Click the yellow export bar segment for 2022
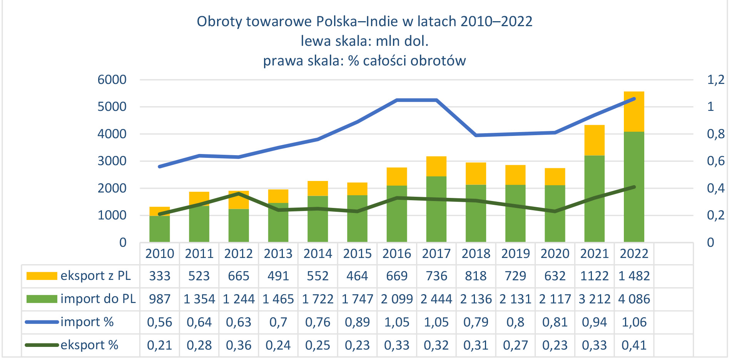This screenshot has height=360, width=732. pyautogui.click(x=634, y=116)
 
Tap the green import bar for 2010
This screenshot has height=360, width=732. pyautogui.click(x=160, y=231)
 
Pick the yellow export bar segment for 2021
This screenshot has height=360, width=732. pyautogui.click(x=594, y=141)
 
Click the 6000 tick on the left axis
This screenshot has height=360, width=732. pyautogui.click(x=112, y=80)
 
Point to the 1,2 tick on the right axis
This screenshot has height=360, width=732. pyautogui.click(x=715, y=80)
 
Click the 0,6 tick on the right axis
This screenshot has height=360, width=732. pyautogui.click(x=715, y=161)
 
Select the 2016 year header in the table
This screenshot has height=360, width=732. pyautogui.click(x=397, y=254)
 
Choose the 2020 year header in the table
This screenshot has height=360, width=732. pyautogui.click(x=555, y=254)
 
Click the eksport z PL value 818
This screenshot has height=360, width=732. pyautogui.click(x=476, y=276)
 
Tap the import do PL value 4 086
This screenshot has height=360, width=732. pyautogui.click(x=634, y=299)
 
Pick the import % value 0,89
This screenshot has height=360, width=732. pyautogui.click(x=357, y=322)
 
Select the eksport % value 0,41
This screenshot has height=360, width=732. pyautogui.click(x=634, y=345)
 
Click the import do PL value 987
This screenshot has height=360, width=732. pyautogui.click(x=160, y=299)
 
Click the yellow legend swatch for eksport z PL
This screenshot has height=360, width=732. pyautogui.click(x=42, y=276)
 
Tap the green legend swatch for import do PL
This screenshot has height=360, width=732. pyautogui.click(x=42, y=299)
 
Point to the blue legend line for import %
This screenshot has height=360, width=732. pyautogui.click(x=42, y=322)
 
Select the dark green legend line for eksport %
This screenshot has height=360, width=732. pyautogui.click(x=42, y=345)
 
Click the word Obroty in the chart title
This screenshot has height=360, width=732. pyautogui.click(x=219, y=22)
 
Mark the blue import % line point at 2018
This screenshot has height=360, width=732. pyautogui.click(x=476, y=136)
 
